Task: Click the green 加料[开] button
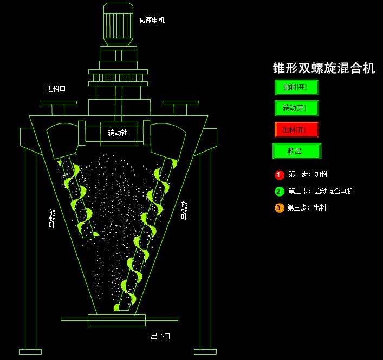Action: click(296, 87)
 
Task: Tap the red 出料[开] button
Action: click(296, 130)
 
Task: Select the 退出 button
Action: click(296, 151)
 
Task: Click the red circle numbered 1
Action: click(280, 175)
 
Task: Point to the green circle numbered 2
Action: click(280, 191)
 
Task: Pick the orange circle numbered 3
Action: click(280, 208)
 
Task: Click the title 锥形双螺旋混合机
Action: click(323, 68)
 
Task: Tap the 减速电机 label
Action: click(152, 21)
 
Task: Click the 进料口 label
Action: click(56, 89)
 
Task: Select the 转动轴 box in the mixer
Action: click(118, 133)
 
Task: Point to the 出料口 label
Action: click(160, 336)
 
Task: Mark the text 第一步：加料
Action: click(308, 175)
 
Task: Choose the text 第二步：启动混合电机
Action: click(321, 192)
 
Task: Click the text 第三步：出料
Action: click(307, 208)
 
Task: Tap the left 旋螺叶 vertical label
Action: click(53, 218)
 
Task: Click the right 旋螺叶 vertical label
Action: click(185, 210)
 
